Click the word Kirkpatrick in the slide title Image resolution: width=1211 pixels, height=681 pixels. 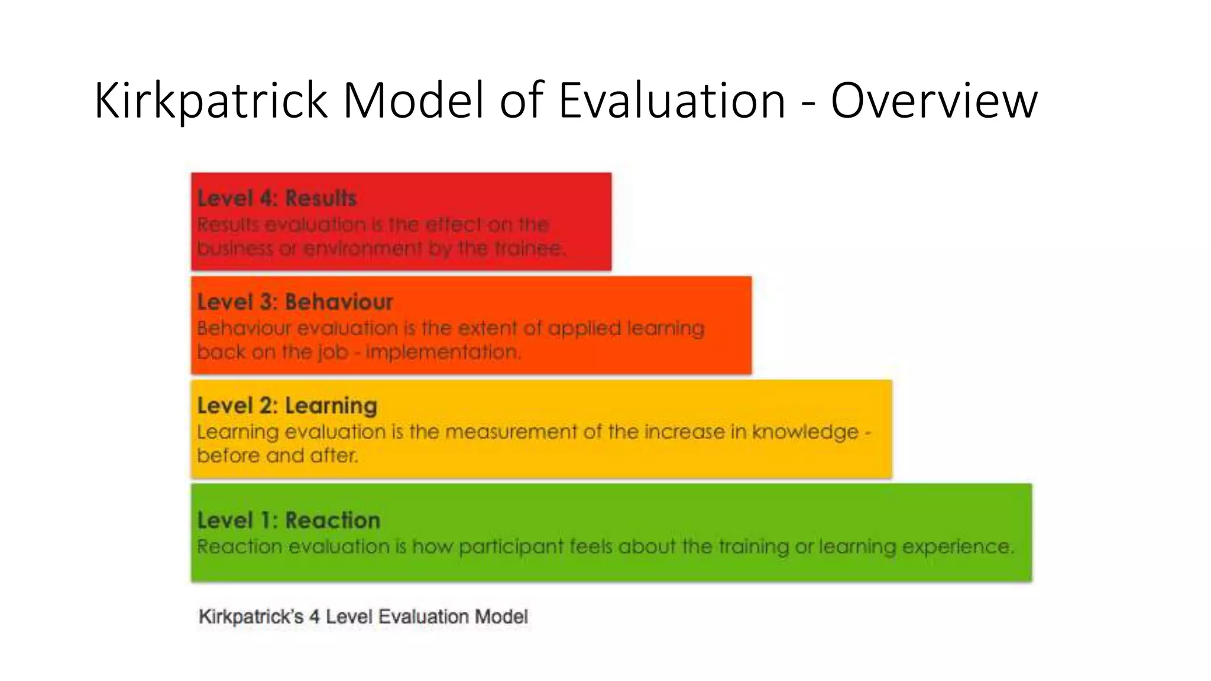click(x=211, y=101)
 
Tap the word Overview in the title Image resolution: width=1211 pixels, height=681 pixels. click(x=934, y=101)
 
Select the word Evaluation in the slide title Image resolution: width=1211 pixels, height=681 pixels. click(x=672, y=101)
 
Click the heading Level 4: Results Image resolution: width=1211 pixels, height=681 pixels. click(x=277, y=198)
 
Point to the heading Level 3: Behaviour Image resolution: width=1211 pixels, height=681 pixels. click(x=294, y=302)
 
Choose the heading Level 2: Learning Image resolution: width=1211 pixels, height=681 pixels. click(x=287, y=406)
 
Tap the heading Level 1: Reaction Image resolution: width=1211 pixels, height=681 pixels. click(x=289, y=520)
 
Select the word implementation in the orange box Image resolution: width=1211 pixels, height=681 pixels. click(x=443, y=352)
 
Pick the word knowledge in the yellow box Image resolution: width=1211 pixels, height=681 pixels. click(x=805, y=432)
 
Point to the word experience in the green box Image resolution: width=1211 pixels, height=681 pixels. click(x=957, y=547)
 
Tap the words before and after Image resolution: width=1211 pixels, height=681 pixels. click(x=277, y=456)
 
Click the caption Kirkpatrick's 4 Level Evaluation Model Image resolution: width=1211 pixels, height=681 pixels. click(x=362, y=617)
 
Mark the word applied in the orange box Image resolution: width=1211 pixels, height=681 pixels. click(x=584, y=329)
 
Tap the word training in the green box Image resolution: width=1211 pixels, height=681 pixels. click(x=753, y=547)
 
